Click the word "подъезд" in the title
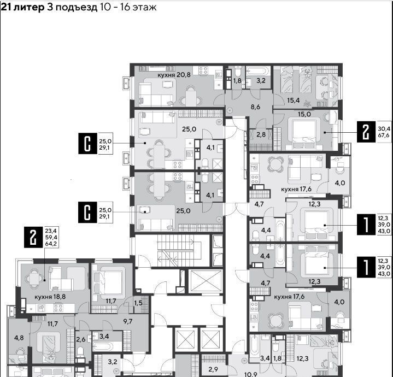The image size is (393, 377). pos(77,7)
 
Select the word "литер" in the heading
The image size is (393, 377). pos(29,7)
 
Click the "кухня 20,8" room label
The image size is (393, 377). pos(174,75)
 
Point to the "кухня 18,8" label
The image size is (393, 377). pos(50,297)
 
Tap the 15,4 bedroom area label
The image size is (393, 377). pos(293,101)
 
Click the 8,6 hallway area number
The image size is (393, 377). pos(255,107)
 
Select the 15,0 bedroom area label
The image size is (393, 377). pos(304,114)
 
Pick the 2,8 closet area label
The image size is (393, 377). pos(261,134)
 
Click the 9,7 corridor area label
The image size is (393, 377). pos(128,321)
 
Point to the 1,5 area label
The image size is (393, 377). pos(138,303)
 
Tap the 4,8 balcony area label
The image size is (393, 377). pos(19,338)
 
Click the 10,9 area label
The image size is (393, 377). pos(251,374)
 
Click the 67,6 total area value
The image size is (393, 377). pos(384,136)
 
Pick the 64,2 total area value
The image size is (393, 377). pos(51,244)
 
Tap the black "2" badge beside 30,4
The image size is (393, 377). pos(366,132)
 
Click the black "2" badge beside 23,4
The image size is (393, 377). pos(33,238)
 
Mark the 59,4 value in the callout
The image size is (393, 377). pos(51,237)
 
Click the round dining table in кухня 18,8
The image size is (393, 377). pos(34,278)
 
